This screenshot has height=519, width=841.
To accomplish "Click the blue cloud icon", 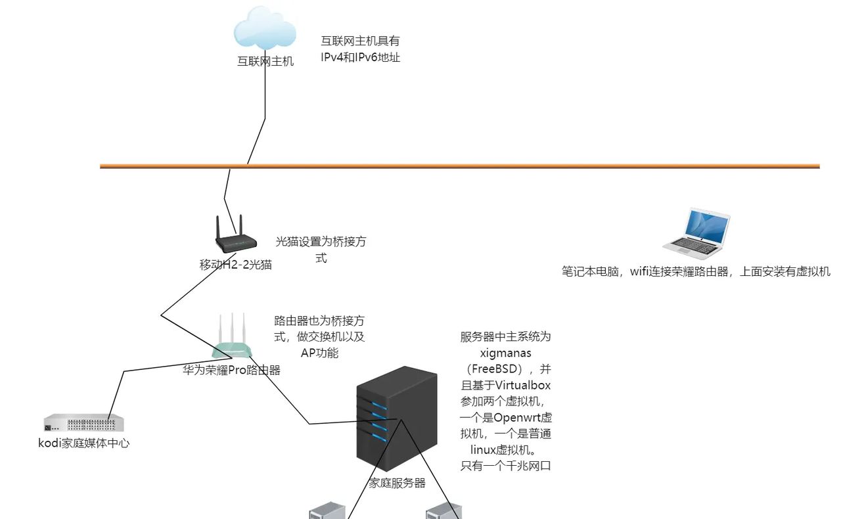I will click(265, 28).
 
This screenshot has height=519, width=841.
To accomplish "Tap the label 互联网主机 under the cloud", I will click(265, 62).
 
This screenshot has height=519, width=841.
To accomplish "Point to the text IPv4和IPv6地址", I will click(361, 57).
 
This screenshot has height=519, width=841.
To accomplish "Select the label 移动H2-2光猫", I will click(235, 265).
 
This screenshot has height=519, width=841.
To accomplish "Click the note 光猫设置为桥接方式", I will click(321, 250).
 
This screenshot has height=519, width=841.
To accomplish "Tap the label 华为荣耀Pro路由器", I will click(232, 371).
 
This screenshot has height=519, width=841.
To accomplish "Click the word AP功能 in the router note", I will click(319, 353).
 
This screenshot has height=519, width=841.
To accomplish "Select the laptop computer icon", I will click(696, 234).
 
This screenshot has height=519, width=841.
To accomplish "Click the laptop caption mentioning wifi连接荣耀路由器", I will click(696, 271).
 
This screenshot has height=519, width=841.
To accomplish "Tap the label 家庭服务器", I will click(397, 483).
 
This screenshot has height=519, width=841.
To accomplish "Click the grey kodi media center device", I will click(83, 423).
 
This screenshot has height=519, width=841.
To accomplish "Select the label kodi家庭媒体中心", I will click(83, 443).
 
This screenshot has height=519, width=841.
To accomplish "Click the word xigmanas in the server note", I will click(505, 353).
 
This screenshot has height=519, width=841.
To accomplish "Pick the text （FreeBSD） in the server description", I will click(505, 369).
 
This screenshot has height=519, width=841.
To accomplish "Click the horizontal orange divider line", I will click(460, 166).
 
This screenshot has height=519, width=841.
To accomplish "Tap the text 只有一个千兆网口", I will click(505, 466).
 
